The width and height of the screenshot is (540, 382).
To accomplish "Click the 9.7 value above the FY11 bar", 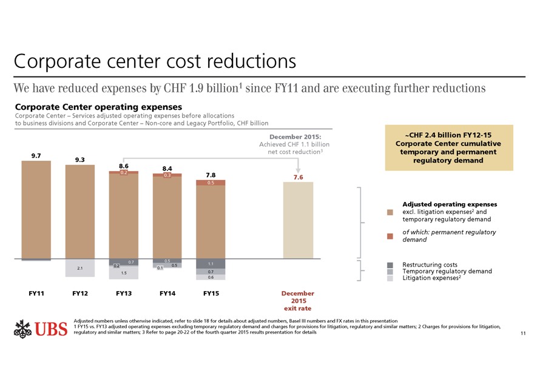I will pos(36,156).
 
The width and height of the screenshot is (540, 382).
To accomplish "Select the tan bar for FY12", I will pos(79,212).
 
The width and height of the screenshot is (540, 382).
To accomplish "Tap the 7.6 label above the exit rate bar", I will pos(297,177).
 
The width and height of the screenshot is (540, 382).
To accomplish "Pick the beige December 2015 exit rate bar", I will pos(298,221).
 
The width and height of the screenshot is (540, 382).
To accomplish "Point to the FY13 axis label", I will pos(124,293).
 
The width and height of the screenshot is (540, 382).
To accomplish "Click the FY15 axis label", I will pos(211,293).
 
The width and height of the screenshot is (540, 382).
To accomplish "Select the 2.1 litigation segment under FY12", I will pos(79,268).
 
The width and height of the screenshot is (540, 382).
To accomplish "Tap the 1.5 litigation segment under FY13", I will pos(124,273).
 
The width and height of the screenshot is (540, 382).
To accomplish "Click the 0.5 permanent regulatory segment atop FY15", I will pos(211,183).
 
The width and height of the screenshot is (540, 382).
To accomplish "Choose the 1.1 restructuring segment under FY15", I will pos(211,264).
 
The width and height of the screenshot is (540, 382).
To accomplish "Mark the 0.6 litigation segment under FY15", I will pos(211,277).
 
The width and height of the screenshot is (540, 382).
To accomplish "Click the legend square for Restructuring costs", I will pos(390,265).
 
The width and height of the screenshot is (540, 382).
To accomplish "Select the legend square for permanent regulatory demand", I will pos(390,236).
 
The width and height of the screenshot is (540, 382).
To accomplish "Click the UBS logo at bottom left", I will pos(39,329).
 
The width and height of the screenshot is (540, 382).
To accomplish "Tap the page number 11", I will pos(524,334).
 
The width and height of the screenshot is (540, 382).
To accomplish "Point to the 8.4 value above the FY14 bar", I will pos(167,168).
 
